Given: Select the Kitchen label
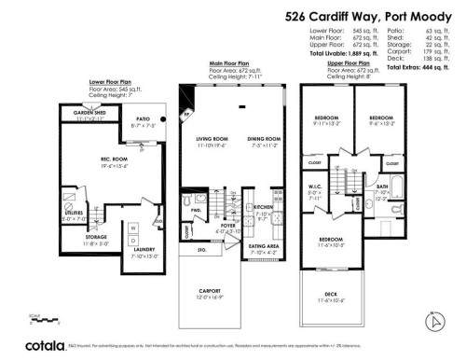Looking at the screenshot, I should point(263,207).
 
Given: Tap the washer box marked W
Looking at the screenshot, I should point(132,227).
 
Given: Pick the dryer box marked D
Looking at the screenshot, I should point(132,239).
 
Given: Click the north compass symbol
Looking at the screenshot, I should point(432,323).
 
